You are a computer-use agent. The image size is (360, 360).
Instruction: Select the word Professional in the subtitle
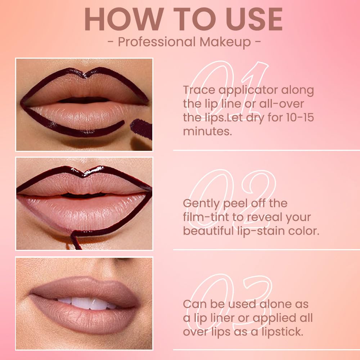click(x=154, y=42)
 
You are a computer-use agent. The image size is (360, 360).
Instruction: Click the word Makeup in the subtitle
click(x=226, y=42)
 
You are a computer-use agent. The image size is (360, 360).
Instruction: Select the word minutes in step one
click(x=207, y=131)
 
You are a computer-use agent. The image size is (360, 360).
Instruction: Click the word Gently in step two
click(x=201, y=204)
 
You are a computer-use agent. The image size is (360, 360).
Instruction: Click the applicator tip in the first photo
click(x=141, y=128)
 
